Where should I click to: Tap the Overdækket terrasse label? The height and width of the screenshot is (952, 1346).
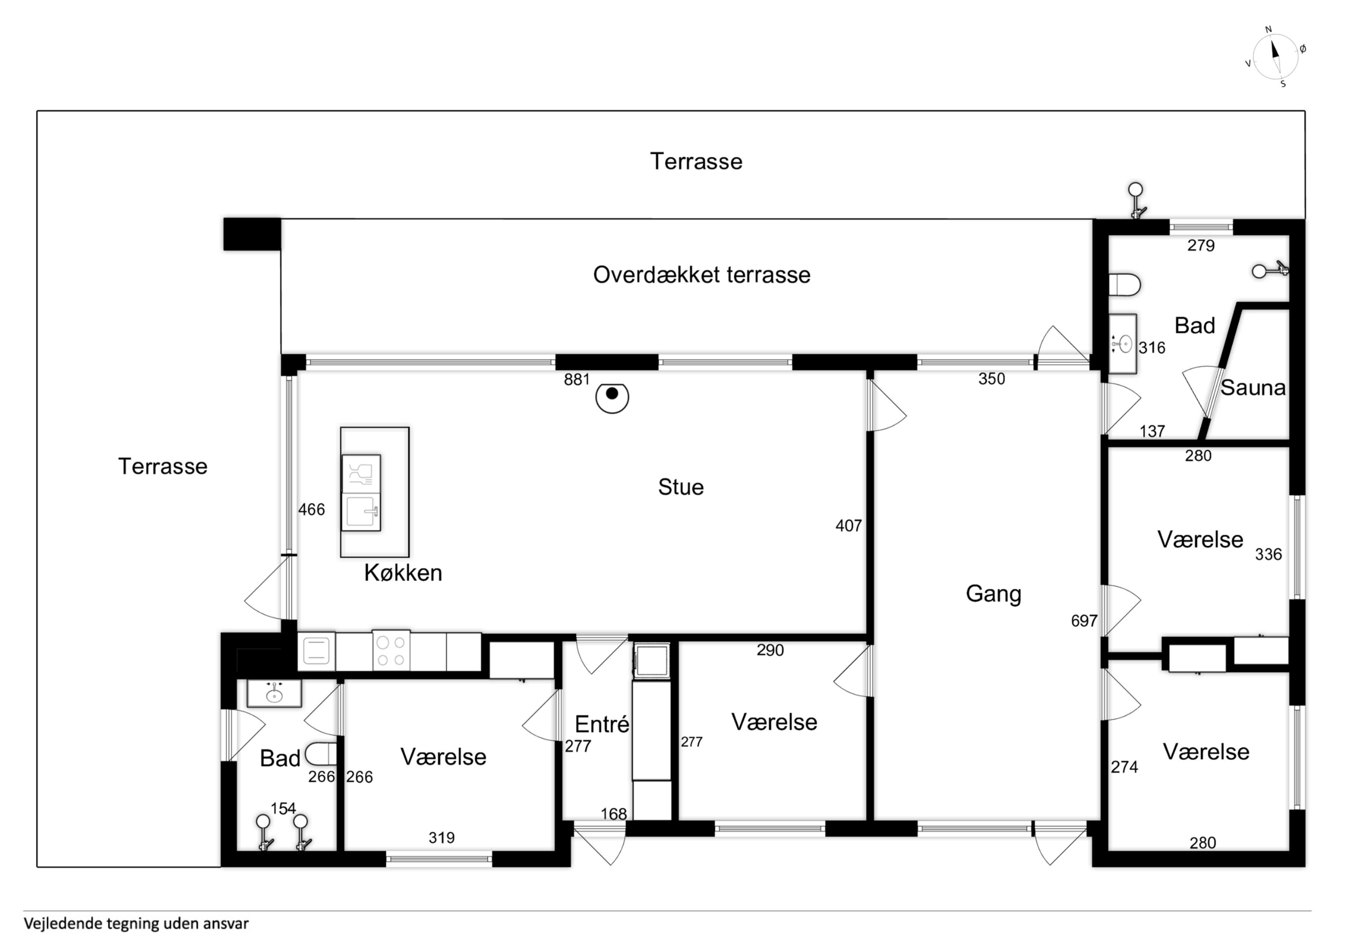point(702,275)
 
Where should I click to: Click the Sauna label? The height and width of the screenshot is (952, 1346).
point(1253,388)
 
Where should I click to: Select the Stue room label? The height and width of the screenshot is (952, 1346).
point(681,487)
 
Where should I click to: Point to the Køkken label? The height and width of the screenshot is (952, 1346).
point(403,573)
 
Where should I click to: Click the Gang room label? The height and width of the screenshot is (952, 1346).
point(994,594)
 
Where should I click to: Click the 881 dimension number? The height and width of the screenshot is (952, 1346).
point(577,379)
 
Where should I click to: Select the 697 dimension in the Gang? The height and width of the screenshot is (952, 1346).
point(1084,621)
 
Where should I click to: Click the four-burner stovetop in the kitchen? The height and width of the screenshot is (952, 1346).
point(391,651)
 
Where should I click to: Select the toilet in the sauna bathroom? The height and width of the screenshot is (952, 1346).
point(1124,285)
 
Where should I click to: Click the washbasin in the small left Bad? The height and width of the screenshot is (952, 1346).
point(274,693)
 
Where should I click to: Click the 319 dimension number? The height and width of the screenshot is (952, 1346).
point(441,838)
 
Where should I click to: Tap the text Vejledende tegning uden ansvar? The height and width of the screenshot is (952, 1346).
point(136,924)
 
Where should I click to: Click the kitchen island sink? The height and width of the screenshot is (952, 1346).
point(361,512)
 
